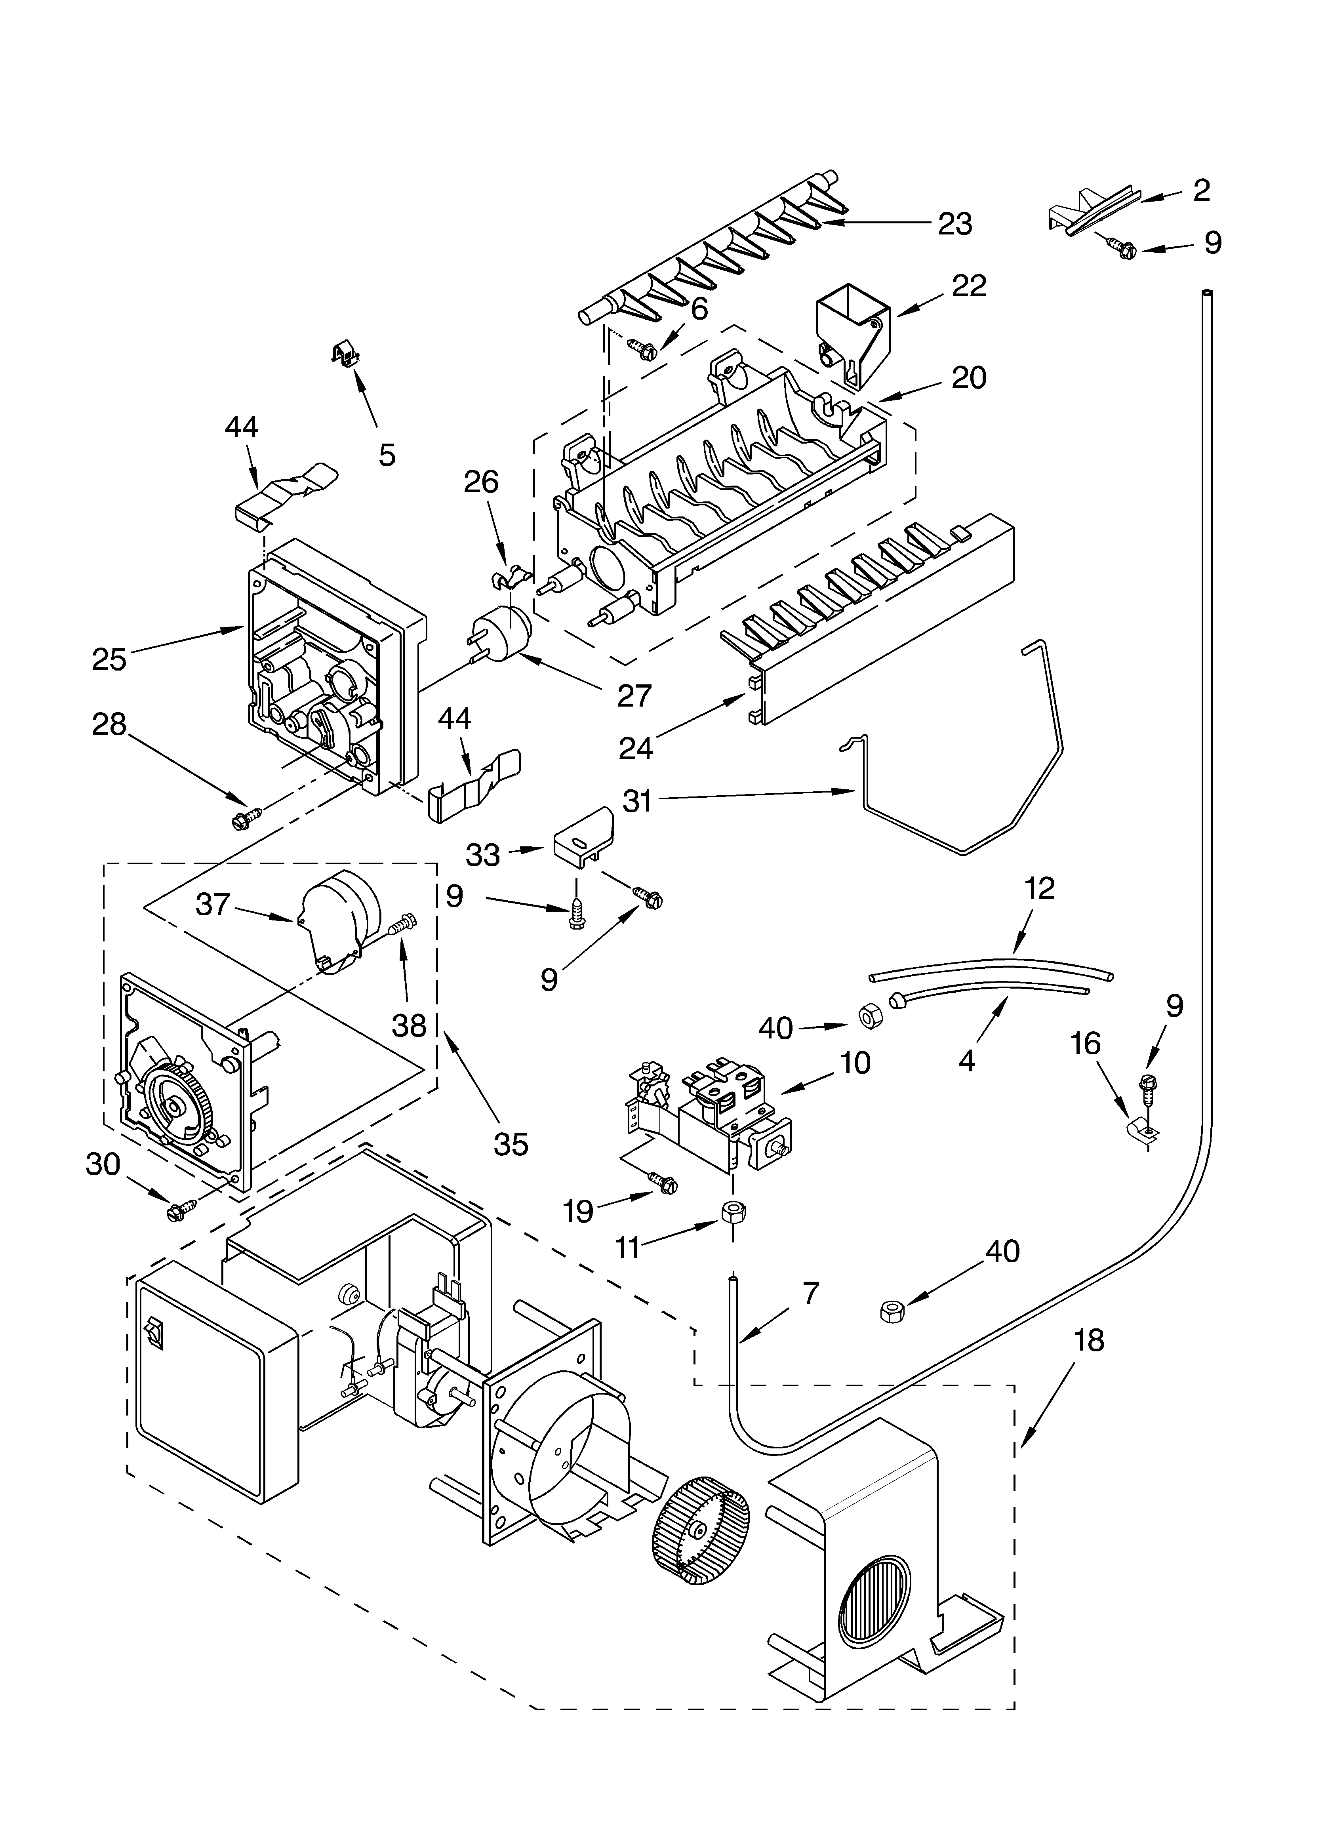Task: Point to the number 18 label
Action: pos(1089,1341)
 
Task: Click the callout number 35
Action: pos(511,1144)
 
